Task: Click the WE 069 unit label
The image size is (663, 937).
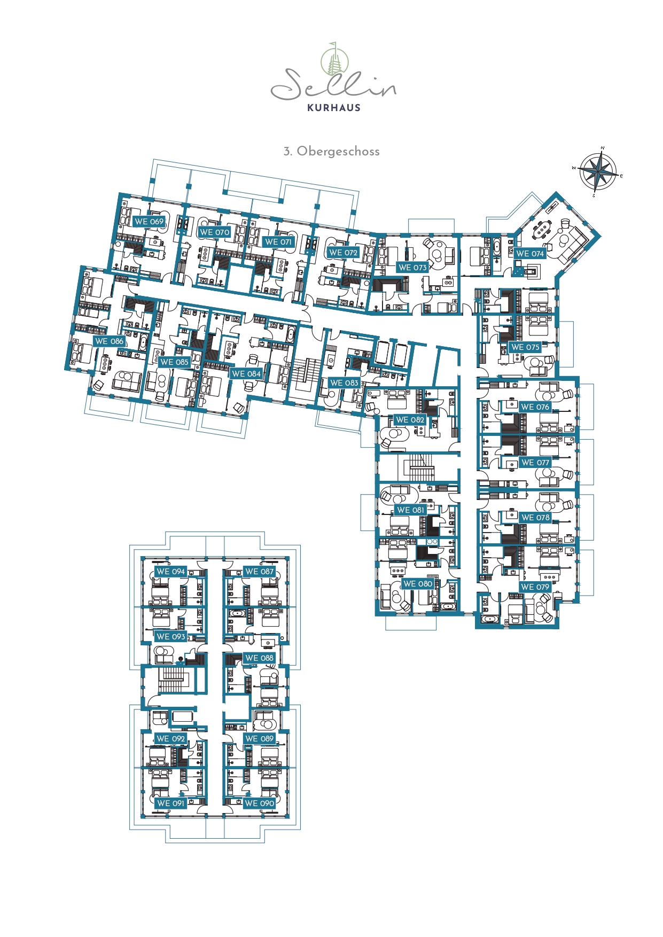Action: (149, 221)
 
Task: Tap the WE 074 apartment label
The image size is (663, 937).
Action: (530, 254)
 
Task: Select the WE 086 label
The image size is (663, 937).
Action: (109, 341)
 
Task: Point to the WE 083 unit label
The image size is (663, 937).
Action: (344, 382)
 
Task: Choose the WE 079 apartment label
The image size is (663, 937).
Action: (535, 587)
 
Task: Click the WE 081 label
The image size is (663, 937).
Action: (410, 510)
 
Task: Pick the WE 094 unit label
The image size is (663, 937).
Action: (171, 571)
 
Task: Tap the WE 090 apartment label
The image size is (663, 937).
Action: (259, 803)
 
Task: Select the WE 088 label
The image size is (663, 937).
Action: (259, 658)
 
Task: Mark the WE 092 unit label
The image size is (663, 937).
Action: (171, 738)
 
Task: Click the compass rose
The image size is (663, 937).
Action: (598, 171)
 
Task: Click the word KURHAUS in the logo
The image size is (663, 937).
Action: (334, 107)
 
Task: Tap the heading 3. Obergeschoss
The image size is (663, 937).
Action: (331, 151)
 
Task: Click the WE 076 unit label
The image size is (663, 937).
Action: (535, 407)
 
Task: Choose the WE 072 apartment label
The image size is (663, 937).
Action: (343, 252)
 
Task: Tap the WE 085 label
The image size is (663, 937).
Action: (174, 362)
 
